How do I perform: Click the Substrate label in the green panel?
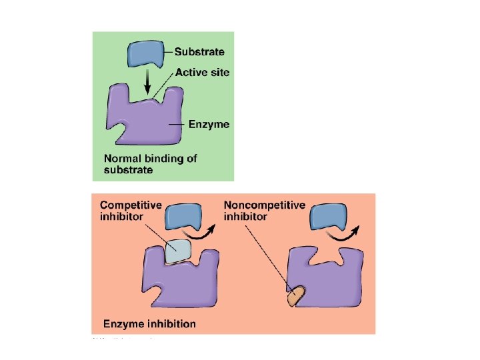[199, 51]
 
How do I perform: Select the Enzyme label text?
[209, 124]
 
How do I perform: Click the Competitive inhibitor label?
[131, 211]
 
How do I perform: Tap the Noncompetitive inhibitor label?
[265, 211]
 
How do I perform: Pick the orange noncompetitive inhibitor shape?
[295, 296]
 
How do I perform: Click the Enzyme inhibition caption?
[149, 325]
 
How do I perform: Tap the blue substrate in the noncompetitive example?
[329, 218]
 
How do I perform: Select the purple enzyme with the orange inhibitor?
[330, 280]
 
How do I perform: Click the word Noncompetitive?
[265, 205]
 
